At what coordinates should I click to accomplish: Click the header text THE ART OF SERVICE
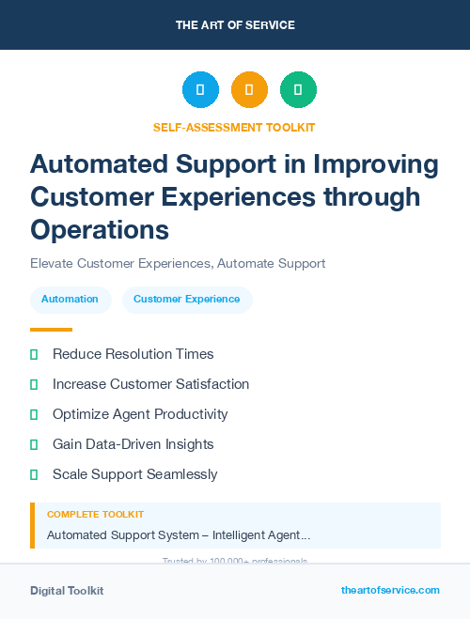click(235, 25)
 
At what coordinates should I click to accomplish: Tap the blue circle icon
click(200, 90)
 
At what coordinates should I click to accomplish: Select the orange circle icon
click(249, 90)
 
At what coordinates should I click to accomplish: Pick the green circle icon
click(298, 90)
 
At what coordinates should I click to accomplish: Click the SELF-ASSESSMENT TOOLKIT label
click(234, 127)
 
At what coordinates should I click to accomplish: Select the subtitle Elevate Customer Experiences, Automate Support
click(178, 264)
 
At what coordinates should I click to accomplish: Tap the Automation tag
click(70, 300)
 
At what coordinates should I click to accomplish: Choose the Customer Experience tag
click(186, 300)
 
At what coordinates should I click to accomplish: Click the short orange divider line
click(51, 330)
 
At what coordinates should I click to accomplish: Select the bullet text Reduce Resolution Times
click(133, 354)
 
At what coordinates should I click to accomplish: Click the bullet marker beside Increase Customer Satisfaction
click(34, 384)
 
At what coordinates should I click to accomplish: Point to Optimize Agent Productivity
click(140, 414)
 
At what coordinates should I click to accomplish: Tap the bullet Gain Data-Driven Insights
click(133, 444)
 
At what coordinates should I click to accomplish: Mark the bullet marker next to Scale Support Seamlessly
click(34, 474)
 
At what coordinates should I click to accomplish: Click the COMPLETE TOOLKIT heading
click(95, 515)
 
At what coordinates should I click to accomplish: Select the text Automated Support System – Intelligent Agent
click(179, 535)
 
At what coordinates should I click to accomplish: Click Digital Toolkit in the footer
click(67, 591)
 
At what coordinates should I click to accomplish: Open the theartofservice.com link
click(390, 590)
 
